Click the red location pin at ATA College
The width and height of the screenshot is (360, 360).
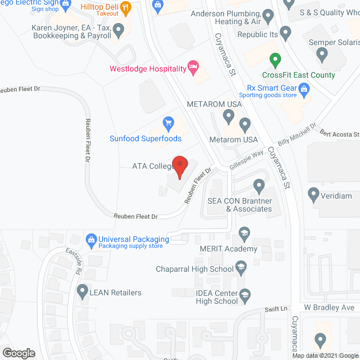(179, 166)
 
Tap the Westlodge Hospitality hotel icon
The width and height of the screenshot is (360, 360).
(193, 69)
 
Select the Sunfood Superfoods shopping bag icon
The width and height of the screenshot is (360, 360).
(168, 122)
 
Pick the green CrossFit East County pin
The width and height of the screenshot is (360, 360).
(274, 58)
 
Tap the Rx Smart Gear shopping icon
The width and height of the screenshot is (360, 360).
(304, 88)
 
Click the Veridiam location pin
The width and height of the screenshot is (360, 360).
(314, 195)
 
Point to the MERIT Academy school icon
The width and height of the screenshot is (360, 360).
(244, 233)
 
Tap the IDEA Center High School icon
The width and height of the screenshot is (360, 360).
(245, 294)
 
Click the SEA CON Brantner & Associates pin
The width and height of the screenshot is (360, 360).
(259, 184)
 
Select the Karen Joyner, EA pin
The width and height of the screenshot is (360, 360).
(119, 29)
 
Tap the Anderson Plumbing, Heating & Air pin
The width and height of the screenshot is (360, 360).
(269, 17)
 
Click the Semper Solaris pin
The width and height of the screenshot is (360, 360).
(322, 55)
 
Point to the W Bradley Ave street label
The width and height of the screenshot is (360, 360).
(330, 308)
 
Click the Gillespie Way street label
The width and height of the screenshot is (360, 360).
(246, 160)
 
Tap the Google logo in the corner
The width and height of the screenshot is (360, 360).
(19, 353)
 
